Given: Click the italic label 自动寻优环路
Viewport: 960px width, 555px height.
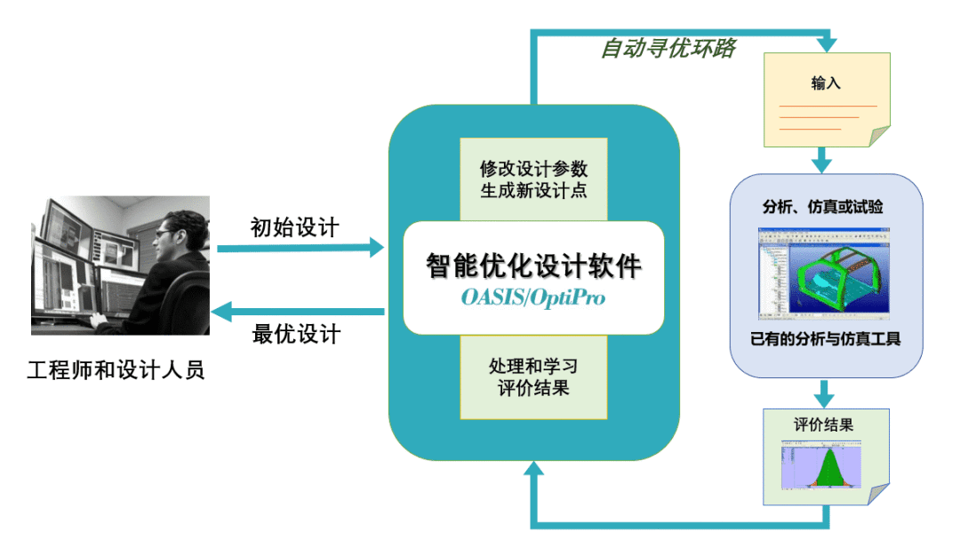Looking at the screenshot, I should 668,48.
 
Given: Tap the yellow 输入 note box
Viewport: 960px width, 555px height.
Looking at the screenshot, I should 827,99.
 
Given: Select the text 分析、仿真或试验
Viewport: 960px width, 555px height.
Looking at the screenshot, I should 823,207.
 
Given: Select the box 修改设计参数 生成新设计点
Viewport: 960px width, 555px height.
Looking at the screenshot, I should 533,178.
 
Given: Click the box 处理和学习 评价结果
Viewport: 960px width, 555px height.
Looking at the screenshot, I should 533,377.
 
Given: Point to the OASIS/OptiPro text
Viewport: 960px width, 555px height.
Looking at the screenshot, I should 533,297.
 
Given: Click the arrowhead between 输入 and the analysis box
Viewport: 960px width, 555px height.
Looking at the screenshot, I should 823,164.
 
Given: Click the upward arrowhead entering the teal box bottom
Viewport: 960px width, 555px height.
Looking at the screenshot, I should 533,470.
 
